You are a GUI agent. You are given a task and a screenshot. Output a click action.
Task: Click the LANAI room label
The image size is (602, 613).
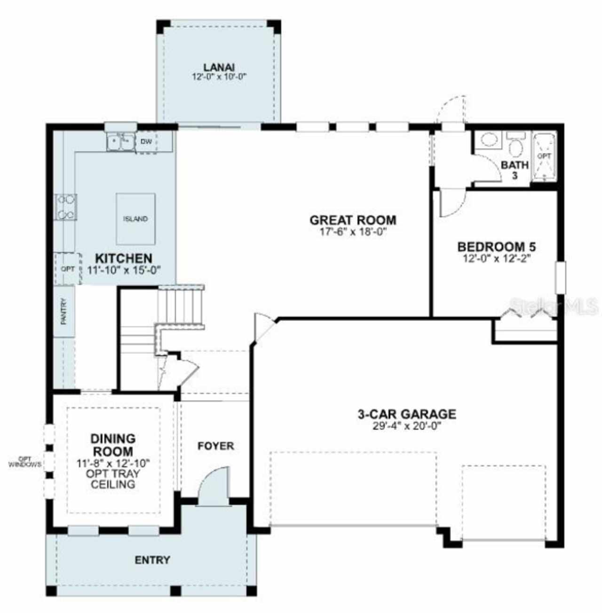tap(219, 67)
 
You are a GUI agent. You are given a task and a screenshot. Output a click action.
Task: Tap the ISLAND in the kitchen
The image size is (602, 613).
tap(135, 219)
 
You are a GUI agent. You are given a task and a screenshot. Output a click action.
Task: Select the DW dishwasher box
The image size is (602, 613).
tap(146, 141)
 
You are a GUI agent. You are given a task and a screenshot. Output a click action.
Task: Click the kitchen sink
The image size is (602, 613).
tap(120, 142)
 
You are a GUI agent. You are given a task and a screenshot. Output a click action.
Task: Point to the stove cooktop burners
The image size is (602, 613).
tap(66, 207)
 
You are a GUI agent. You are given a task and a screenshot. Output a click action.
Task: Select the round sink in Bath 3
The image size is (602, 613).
tap(487, 140)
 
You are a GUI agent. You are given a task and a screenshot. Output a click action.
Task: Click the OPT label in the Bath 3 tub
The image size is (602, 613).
tap(544, 156)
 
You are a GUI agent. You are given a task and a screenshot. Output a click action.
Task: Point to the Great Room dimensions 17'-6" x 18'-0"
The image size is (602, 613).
tap(353, 232)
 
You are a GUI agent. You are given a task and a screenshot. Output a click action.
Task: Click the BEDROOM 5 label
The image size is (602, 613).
tap(496, 246)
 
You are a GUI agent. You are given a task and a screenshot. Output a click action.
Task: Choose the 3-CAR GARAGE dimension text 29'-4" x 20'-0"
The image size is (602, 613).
tap(407, 426)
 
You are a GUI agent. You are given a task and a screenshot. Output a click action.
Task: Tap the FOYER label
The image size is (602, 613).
tap(216, 446)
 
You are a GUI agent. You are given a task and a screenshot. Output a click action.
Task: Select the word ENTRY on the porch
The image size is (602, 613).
tap(152, 559)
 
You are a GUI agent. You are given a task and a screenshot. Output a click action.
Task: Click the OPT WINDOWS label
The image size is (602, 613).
tap(24, 462)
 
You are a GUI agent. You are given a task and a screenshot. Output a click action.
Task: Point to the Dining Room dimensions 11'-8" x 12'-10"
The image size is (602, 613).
tap(113, 463)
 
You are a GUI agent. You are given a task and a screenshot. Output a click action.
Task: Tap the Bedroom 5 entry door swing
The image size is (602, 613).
tap(451, 202)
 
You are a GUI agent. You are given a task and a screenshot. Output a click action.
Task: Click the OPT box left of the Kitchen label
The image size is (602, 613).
tap(68, 268)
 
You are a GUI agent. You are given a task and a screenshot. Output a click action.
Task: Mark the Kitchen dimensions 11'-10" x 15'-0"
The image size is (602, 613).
tap(124, 270)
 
